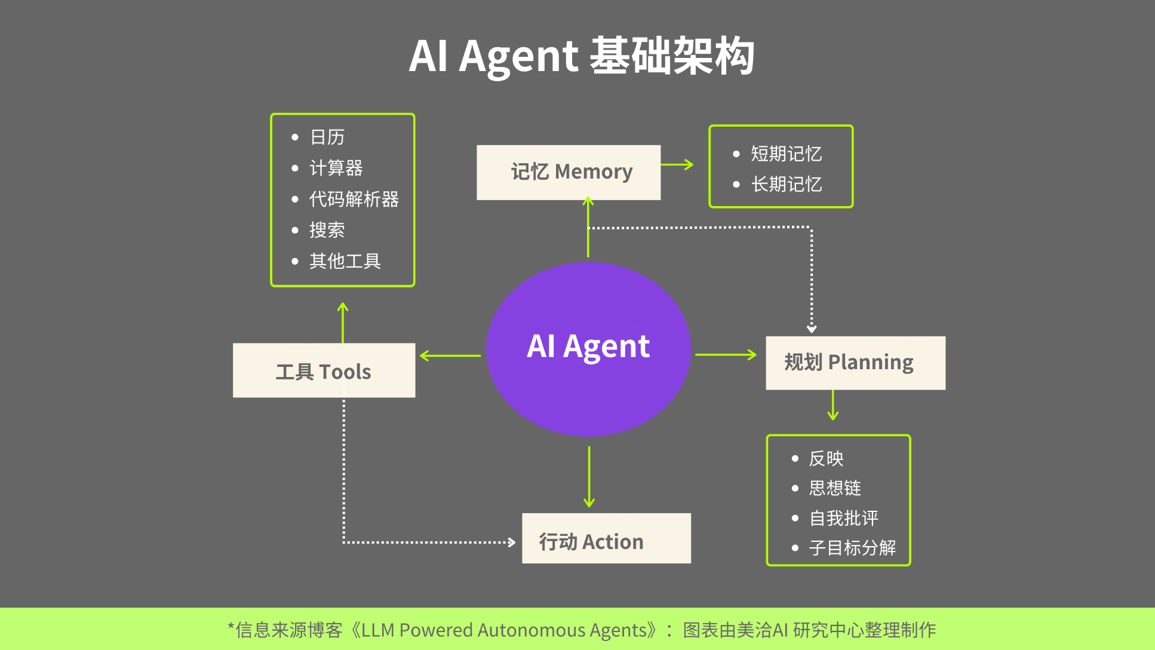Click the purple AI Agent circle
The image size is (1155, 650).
(x=588, y=349)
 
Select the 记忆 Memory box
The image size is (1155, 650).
(x=569, y=172)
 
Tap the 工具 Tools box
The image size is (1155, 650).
(x=324, y=370)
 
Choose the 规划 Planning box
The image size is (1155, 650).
(x=855, y=363)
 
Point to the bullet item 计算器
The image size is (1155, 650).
(x=336, y=168)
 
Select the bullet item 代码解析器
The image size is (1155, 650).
(x=354, y=199)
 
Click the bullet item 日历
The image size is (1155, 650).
(x=327, y=137)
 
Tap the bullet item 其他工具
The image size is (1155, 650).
(x=345, y=261)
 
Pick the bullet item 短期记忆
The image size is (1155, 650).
(x=786, y=154)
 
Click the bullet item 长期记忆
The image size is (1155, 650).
(x=786, y=184)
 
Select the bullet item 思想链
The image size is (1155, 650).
(x=834, y=488)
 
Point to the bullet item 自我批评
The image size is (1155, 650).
(x=843, y=518)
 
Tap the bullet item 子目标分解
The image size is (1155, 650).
(x=852, y=548)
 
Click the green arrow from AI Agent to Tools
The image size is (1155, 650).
(x=450, y=355)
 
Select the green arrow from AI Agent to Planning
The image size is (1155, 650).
(x=726, y=355)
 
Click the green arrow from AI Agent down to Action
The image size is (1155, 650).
(x=589, y=476)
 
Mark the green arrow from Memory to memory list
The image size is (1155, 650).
(x=677, y=164)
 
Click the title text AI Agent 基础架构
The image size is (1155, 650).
(x=582, y=56)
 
